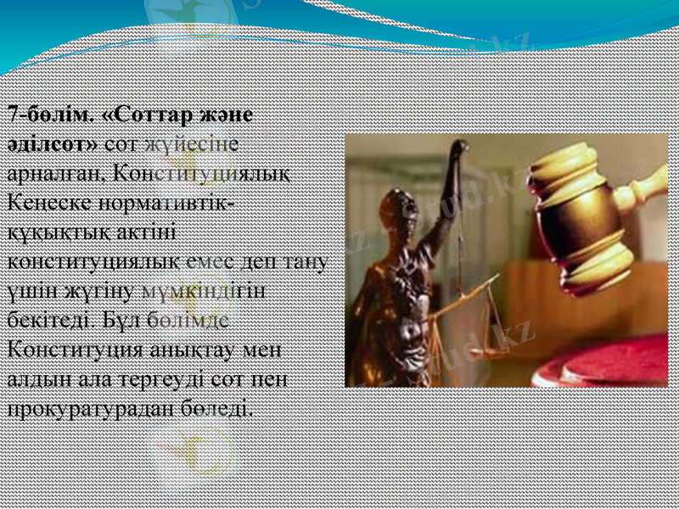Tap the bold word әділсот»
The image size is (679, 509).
53,142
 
